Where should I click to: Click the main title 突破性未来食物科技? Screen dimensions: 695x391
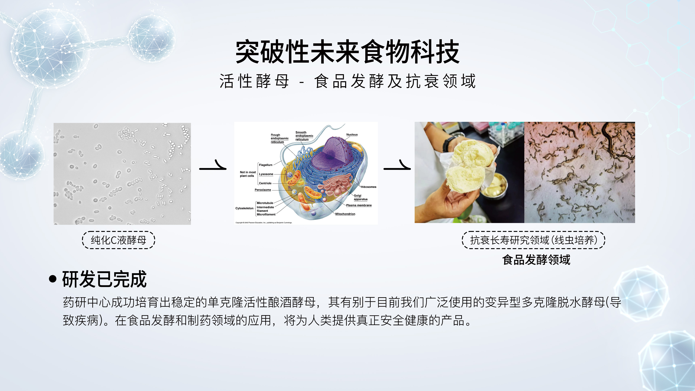[x=347, y=52]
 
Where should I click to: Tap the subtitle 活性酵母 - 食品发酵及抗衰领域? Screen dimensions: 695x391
[x=347, y=81]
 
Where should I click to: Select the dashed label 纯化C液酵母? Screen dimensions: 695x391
[x=118, y=240]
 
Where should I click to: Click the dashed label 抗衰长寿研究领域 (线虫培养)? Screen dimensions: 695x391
[x=534, y=240]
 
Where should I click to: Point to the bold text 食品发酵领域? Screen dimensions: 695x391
[x=536, y=260]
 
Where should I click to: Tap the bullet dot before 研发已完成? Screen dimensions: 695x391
[x=53, y=279]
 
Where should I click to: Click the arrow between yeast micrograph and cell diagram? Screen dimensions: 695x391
[x=213, y=165]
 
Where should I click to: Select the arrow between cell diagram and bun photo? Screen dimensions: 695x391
[x=397, y=165]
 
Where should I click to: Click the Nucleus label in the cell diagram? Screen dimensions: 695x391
[x=352, y=134]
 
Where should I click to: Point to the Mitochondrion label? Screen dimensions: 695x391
[x=345, y=214]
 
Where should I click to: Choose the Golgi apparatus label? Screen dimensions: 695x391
[x=361, y=197]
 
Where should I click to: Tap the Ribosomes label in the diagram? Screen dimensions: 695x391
[x=368, y=187]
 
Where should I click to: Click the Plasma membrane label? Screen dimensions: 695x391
[x=359, y=205]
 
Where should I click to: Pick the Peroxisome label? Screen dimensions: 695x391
[x=263, y=190]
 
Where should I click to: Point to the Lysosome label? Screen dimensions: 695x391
[x=266, y=174]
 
